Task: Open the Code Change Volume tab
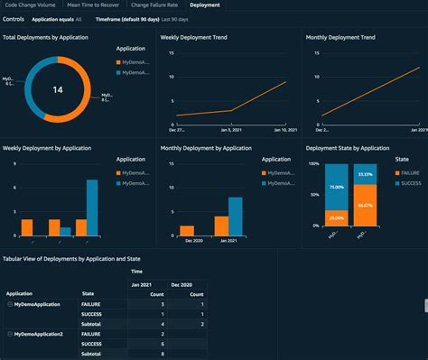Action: pyautogui.click(x=31, y=5)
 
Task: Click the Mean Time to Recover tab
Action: pyautogui.click(x=94, y=5)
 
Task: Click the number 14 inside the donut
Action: pyautogui.click(x=57, y=89)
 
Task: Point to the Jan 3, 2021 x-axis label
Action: pyautogui.click(x=231, y=131)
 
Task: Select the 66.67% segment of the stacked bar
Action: pyautogui.click(x=365, y=205)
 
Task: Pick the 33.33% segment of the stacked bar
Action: pyautogui.click(x=365, y=174)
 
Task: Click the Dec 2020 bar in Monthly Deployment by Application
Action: pyautogui.click(x=188, y=229)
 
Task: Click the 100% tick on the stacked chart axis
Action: pyautogui.click(x=314, y=164)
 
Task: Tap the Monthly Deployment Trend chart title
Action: pyautogui.click(x=340, y=38)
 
